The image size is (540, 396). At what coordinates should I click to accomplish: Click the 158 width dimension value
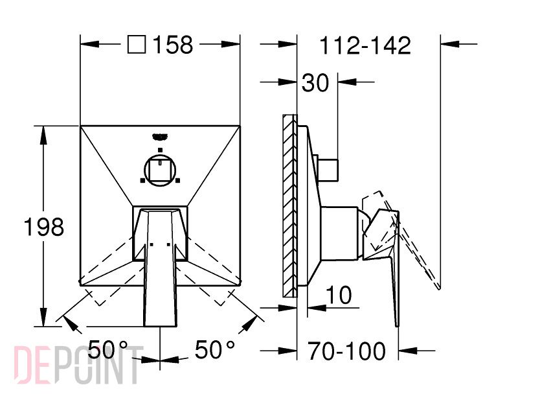point(172,45)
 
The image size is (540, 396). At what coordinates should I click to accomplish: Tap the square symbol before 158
point(137,45)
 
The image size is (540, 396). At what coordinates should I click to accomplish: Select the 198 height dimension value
point(44,227)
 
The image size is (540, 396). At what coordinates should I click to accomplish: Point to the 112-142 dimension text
point(365,45)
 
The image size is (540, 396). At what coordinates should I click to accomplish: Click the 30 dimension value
point(315,83)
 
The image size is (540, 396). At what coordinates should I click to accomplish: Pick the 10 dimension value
point(339,295)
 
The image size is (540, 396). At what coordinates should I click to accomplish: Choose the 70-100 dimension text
point(346,351)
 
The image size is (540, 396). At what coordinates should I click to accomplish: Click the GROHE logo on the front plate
point(159,137)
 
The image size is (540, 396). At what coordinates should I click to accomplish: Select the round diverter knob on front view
point(160,170)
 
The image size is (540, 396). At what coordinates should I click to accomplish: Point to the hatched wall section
point(289,206)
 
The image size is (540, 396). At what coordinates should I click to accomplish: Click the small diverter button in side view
point(328,170)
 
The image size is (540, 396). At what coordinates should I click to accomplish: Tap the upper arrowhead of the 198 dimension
point(43,135)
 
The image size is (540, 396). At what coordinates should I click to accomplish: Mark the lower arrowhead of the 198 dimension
point(43,317)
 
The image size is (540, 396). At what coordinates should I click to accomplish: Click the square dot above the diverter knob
point(160,150)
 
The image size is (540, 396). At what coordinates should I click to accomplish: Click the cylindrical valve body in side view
point(339,233)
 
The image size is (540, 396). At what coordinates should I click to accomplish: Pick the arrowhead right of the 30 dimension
point(347,82)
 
